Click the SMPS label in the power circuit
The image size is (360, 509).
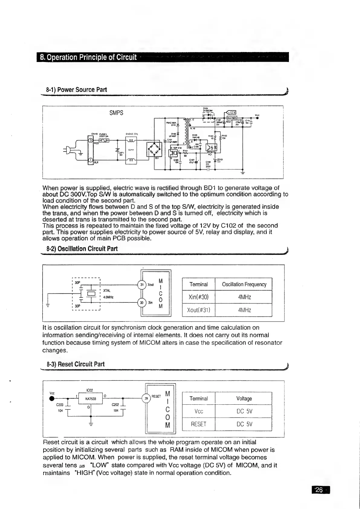click(x=116, y=113)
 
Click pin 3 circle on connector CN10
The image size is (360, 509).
click(x=90, y=140)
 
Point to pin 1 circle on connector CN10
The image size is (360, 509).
click(x=90, y=159)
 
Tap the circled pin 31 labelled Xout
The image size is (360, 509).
click(x=142, y=285)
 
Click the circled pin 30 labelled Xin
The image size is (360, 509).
click(x=142, y=302)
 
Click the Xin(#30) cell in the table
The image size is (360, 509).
click(x=198, y=297)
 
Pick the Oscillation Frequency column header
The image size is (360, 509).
click(x=244, y=284)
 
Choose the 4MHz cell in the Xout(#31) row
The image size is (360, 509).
click(x=244, y=310)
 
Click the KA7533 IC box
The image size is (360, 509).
click(x=91, y=399)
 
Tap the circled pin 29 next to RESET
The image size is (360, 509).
click(x=146, y=398)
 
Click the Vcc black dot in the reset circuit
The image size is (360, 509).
click(x=52, y=398)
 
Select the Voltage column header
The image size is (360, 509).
click(x=244, y=399)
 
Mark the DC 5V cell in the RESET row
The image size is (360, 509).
click(x=244, y=424)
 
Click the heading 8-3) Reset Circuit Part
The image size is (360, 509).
click(x=76, y=364)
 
